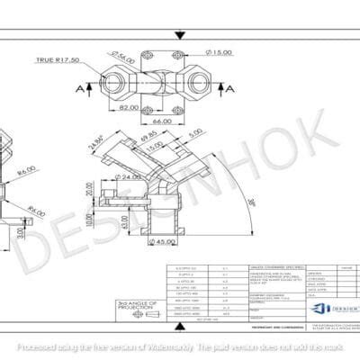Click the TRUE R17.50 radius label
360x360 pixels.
(57, 61)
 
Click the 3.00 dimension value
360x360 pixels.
(21, 232)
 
